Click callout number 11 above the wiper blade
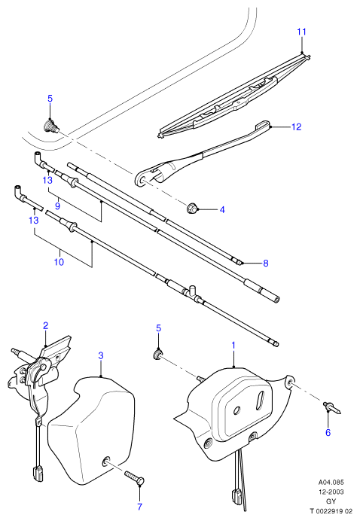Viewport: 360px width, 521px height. (301, 32)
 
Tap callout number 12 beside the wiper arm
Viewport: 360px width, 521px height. (296, 127)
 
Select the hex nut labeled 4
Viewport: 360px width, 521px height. (192, 209)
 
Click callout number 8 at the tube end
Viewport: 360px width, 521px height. (266, 264)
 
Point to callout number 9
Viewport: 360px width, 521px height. (57, 206)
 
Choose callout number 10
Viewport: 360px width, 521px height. (59, 262)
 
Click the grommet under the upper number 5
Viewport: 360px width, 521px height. (50, 126)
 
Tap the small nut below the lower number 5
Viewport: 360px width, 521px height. (157, 354)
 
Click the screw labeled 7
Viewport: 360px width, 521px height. (135, 477)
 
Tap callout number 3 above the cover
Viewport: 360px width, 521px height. (101, 355)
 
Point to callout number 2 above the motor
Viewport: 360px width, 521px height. (45, 325)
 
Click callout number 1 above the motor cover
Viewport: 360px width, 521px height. (233, 346)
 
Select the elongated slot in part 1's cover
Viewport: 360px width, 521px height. (261, 399)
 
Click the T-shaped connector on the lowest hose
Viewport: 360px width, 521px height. (191, 291)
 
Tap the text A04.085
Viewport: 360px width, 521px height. (331, 482)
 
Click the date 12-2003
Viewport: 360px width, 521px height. (331, 492)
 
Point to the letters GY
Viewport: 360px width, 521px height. (331, 501)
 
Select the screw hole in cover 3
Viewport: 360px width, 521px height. (106, 461)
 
